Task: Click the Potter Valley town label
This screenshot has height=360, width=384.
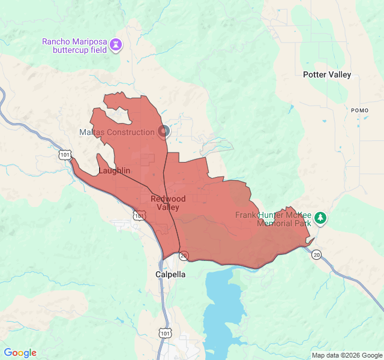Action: [x=327, y=75]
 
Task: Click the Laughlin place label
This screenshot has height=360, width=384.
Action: [x=114, y=170]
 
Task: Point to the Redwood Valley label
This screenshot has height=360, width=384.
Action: [x=168, y=203]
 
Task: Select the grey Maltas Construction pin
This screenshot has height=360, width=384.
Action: [x=164, y=131]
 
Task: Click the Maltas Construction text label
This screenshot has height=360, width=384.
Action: [x=117, y=132]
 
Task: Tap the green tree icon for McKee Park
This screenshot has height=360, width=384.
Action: [x=320, y=218]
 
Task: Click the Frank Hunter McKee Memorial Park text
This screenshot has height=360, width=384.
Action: [x=273, y=219]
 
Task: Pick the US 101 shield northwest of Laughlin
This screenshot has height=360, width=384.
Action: [x=65, y=155]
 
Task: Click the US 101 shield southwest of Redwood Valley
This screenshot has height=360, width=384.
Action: [x=139, y=215]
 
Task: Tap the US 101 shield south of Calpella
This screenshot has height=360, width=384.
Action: [x=166, y=332]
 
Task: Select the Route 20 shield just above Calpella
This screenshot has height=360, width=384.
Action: [x=184, y=256]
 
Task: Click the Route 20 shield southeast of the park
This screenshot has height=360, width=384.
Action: [x=316, y=255]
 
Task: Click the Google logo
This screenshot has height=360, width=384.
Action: [x=20, y=353]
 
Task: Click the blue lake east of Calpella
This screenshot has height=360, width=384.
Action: [x=225, y=306]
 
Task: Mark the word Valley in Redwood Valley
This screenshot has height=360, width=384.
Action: [x=168, y=207]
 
